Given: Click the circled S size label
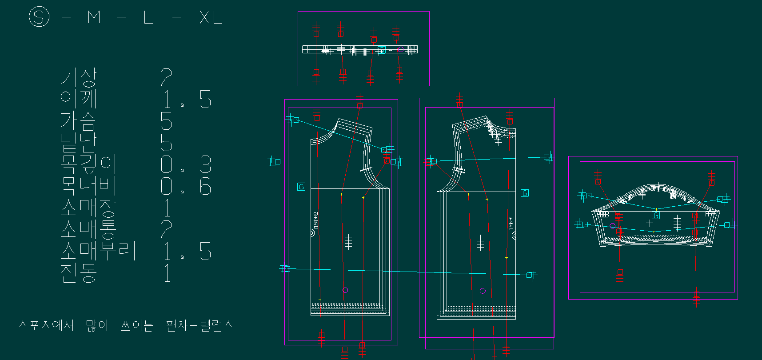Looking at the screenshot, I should click(39, 17).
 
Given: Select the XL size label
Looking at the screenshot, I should click(211, 18).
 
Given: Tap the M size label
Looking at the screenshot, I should click(94, 18).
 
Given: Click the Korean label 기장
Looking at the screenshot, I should click(78, 77).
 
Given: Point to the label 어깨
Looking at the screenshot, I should click(78, 99).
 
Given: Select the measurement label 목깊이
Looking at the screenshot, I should click(88, 164).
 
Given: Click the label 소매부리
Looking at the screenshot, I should click(98, 251).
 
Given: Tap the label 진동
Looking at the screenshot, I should click(78, 273).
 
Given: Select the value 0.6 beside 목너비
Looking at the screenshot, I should click(186, 186).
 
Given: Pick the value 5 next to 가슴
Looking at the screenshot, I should click(166, 121).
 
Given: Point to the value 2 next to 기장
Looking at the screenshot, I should click(166, 78).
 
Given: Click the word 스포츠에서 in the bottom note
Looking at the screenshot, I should click(46, 325).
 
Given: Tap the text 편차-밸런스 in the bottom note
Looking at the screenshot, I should click(199, 325).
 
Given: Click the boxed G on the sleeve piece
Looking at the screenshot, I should click(655, 216).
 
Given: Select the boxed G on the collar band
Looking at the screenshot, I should click(381, 49).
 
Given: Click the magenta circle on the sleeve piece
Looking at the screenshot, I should click(613, 226).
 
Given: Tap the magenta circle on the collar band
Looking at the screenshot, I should click(400, 49).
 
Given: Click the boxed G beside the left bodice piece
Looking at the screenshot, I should click(301, 187).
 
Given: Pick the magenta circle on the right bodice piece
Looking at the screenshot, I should click(483, 291).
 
